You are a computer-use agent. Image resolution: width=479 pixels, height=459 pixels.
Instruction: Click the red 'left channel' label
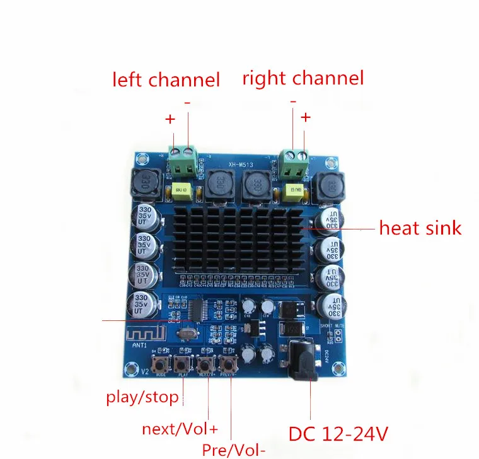166,80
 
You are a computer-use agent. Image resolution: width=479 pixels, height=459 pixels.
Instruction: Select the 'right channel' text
303,78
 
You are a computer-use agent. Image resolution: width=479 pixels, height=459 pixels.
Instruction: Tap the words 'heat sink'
420,228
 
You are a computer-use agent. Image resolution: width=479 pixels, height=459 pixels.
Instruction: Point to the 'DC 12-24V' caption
338,434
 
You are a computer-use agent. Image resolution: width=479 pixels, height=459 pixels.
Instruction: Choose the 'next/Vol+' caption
180,430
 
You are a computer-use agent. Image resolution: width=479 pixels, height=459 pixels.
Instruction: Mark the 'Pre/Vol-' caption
234,450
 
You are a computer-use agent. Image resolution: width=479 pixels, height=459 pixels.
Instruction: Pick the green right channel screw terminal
294,164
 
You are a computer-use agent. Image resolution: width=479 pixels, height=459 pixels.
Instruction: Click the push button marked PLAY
183,364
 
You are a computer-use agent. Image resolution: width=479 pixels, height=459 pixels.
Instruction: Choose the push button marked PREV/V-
228,364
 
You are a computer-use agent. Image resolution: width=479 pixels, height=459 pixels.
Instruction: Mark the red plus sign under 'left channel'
170,119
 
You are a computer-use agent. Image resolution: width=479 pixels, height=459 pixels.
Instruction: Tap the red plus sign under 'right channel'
306,117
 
